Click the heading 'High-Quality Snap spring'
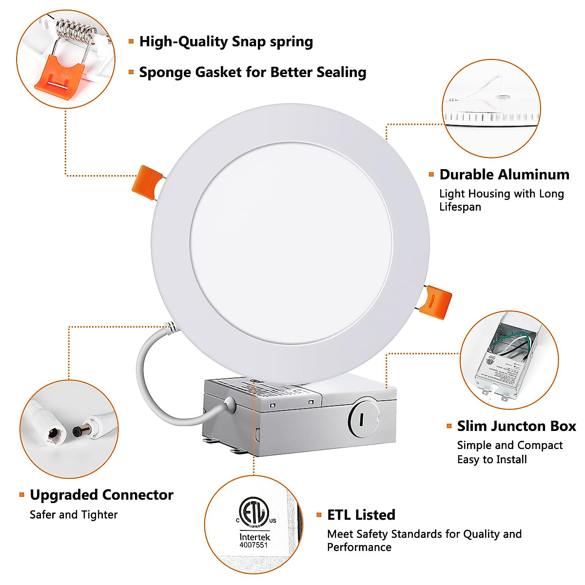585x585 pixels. point(226,42)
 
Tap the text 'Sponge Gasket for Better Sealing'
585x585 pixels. point(253,73)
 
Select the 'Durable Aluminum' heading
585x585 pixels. point(504,175)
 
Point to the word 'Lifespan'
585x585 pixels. point(460,207)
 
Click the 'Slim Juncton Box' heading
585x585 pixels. point(516,426)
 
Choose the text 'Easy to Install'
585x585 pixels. point(492,459)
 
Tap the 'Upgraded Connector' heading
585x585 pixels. point(101,495)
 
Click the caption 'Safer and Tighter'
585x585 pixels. point(74,515)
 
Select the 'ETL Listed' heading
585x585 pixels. point(361,515)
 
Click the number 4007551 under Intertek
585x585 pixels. point(253,545)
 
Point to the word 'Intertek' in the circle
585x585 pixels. point(254,537)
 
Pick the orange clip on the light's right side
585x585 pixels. point(437,302)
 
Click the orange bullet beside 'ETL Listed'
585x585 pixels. point(319,515)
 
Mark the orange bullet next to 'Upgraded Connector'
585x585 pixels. point(21,495)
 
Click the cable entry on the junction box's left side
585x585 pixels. point(229,405)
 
